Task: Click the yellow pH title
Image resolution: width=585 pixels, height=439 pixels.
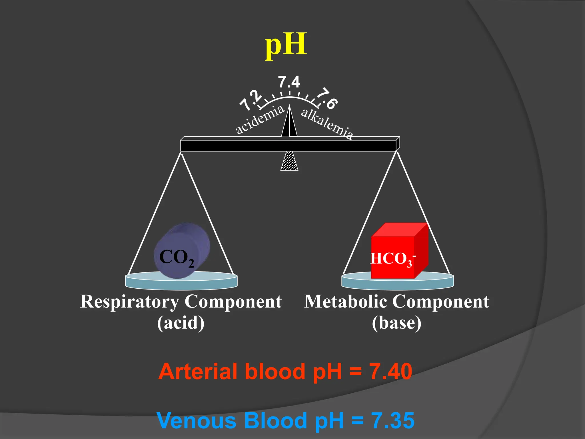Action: pos(286,45)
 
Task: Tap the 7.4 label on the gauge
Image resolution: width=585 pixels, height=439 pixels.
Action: pos(289,82)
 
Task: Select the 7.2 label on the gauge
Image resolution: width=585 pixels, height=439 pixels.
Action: pos(251,100)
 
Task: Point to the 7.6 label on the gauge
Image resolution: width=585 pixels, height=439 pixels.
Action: pos(328,99)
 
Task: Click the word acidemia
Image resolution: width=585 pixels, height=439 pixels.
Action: pos(260,119)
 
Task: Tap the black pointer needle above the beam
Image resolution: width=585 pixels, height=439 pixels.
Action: pos(289,123)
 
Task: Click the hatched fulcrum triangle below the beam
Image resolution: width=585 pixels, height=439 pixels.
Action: pos(289,161)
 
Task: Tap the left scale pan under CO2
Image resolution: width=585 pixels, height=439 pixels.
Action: pos(181,282)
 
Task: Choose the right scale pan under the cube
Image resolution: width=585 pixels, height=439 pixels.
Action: pos(398,282)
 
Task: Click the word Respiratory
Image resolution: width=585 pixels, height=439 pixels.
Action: pos(130,302)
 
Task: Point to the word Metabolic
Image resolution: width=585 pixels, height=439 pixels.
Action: pos(346,302)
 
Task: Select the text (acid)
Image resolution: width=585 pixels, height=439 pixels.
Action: pos(181,323)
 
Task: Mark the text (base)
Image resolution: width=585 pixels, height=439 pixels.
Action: pos(396,323)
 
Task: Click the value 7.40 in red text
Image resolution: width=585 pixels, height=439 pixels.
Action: pos(390,371)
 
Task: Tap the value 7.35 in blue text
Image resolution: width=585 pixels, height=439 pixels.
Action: pos(392,420)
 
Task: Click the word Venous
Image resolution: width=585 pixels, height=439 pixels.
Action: pos(197,420)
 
